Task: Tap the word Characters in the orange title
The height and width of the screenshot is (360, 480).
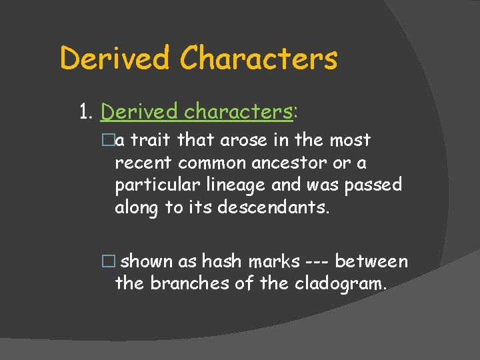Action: [259, 58]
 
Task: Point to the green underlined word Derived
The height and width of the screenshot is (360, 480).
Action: [139, 112]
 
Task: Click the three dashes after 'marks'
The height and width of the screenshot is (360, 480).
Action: [317, 261]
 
